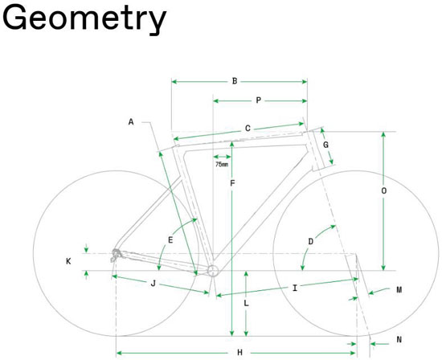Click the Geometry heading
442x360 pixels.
tap(84, 19)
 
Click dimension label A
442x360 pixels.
tap(131, 122)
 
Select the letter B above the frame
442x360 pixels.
tap(235, 81)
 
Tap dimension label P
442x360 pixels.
tap(259, 100)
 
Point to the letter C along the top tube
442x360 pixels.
tap(248, 129)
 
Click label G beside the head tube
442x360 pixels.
tap(325, 145)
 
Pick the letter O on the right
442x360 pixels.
tap(383, 191)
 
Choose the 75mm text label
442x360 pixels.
tap(222, 165)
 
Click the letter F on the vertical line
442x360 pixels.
tap(232, 183)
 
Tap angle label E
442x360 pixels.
tap(170, 240)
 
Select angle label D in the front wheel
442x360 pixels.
tap(311, 242)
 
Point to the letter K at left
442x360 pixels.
tap(68, 261)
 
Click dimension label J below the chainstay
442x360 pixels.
tap(153, 284)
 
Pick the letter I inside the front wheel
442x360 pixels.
tap(295, 288)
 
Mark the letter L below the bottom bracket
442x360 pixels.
tap(246, 303)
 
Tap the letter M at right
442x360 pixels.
tap(399, 290)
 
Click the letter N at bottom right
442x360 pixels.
tap(399, 340)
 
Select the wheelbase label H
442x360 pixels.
tap(239, 353)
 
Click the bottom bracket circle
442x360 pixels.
tap(213, 271)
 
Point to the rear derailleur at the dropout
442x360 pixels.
tap(116, 255)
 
